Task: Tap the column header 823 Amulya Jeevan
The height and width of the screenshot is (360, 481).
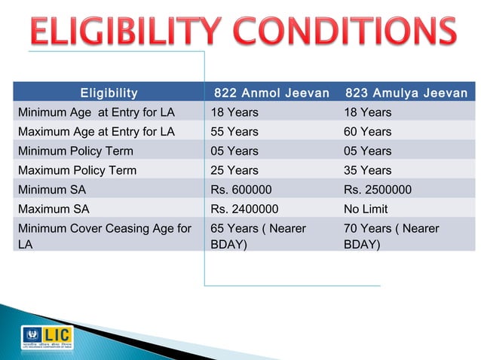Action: [x=406, y=93]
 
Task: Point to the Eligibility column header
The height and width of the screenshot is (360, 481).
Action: [x=109, y=93]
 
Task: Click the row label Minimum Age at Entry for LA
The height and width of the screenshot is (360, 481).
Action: [x=97, y=112]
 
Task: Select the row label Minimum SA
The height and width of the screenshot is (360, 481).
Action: [x=52, y=190]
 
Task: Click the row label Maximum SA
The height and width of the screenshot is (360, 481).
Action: [x=54, y=209]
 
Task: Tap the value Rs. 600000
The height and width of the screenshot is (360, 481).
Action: [x=241, y=190]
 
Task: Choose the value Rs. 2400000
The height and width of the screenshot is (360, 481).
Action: [x=244, y=209]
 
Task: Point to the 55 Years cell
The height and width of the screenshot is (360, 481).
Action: [x=234, y=132]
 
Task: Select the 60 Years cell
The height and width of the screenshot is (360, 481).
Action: [x=367, y=132]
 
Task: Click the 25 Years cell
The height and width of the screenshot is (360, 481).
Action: [x=234, y=170]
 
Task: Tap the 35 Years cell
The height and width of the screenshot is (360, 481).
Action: [x=367, y=170]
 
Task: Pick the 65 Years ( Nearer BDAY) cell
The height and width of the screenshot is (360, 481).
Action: [x=259, y=236]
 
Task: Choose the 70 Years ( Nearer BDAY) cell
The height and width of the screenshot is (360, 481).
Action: [x=391, y=236]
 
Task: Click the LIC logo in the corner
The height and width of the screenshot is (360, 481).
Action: [x=47, y=337]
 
